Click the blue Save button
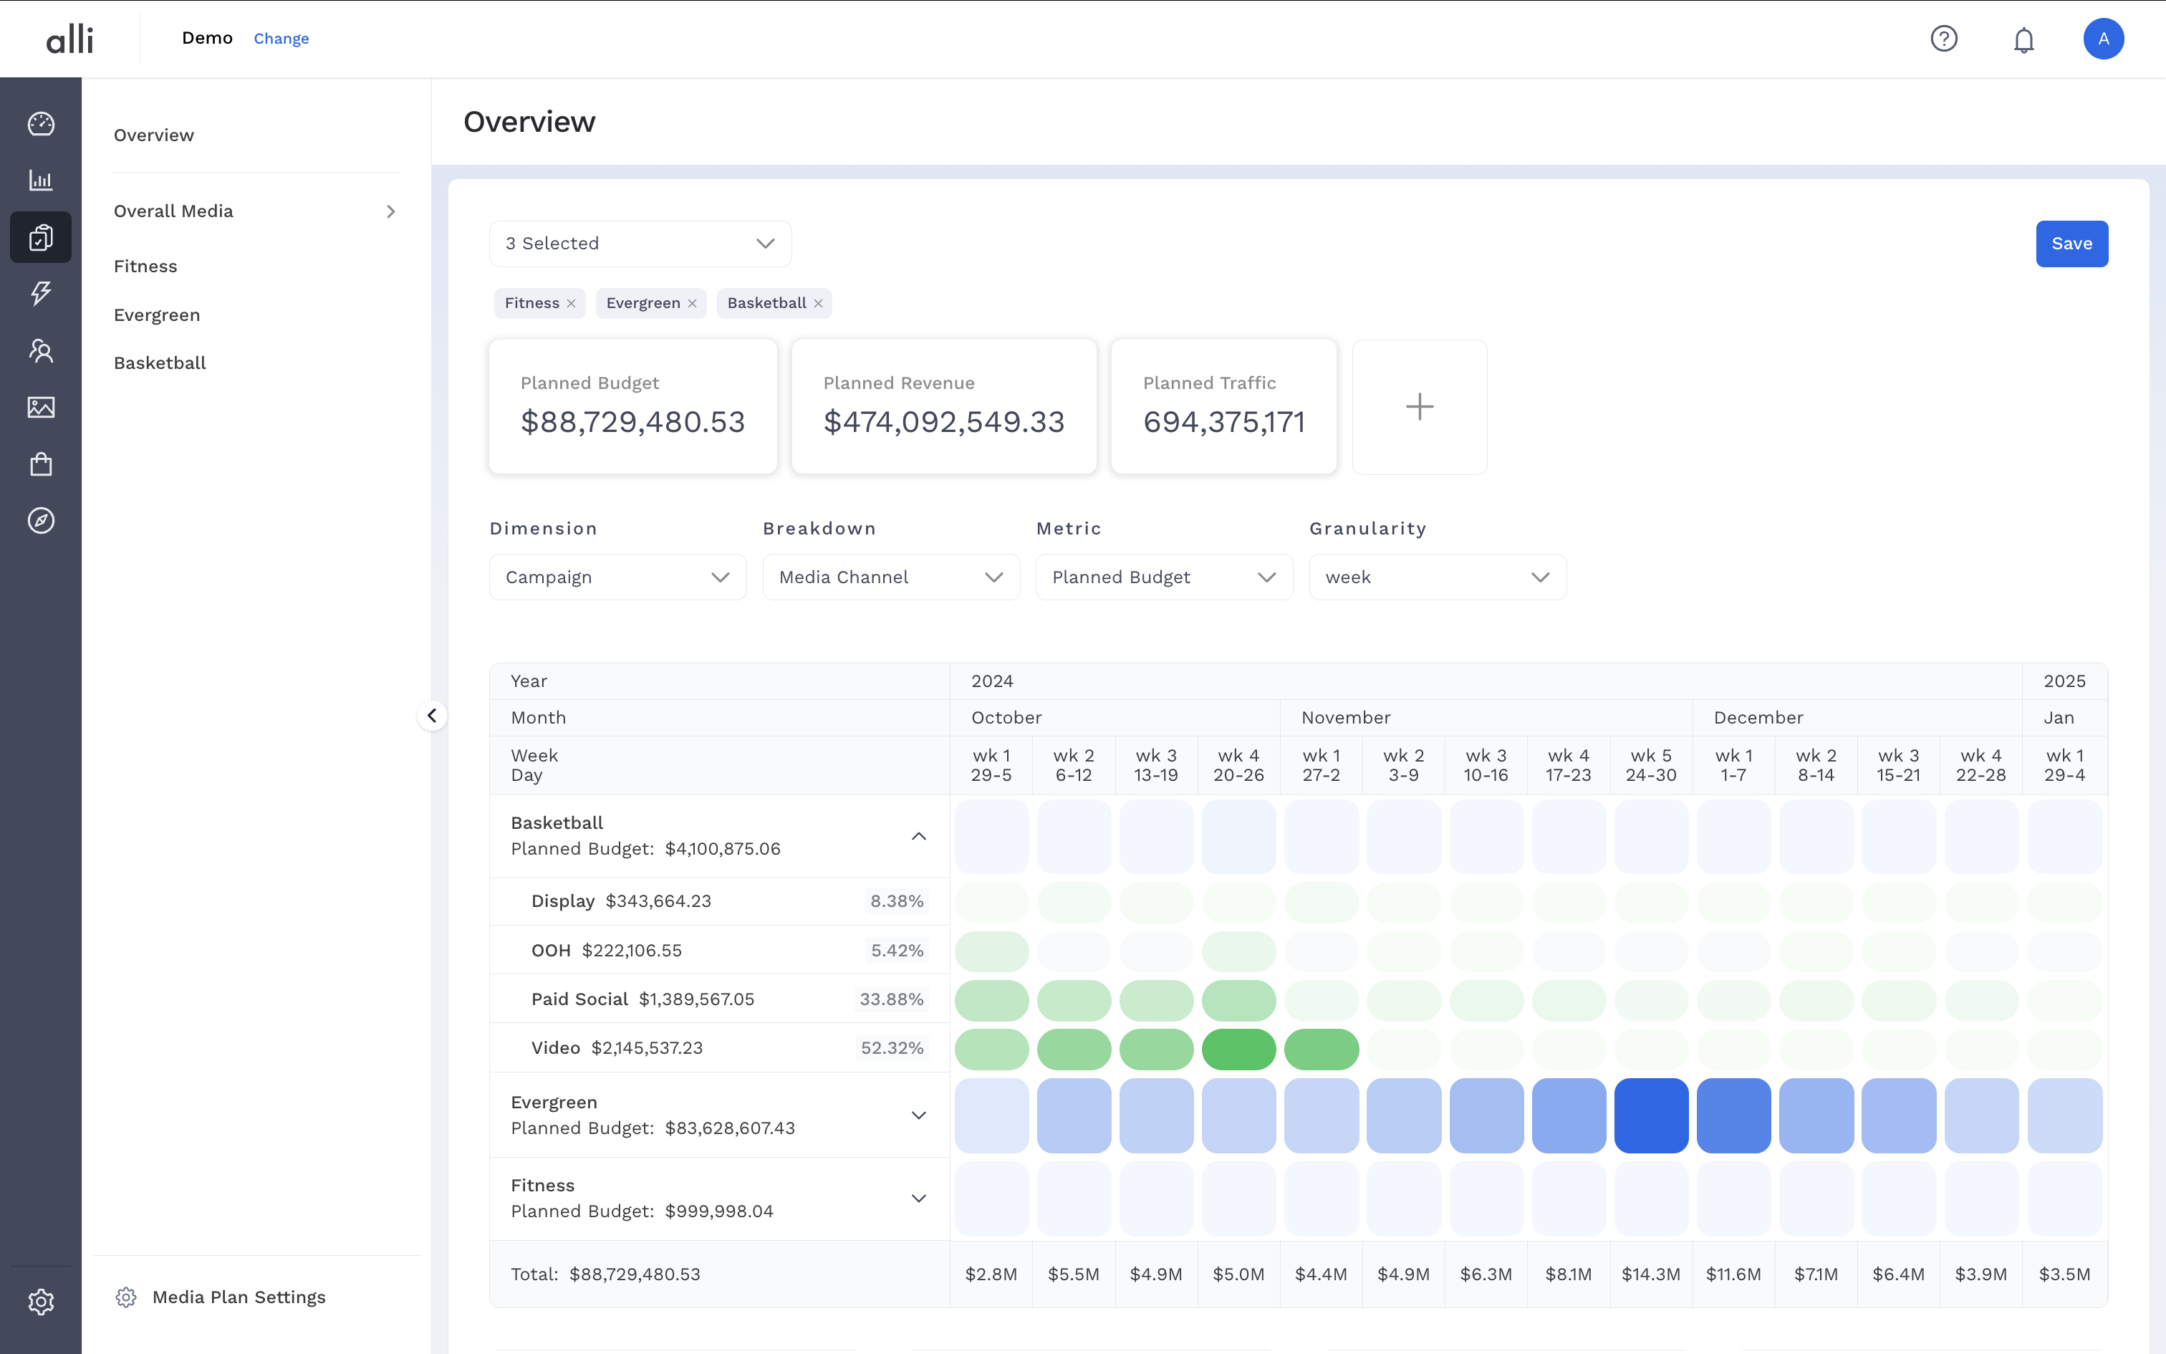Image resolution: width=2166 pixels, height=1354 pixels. [x=2071, y=244]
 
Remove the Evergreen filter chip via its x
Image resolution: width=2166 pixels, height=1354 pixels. [x=692, y=304]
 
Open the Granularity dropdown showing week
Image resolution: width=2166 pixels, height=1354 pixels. [x=1437, y=577]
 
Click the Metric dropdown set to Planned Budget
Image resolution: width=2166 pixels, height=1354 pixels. [x=1163, y=577]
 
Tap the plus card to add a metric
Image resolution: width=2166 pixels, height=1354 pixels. [x=1419, y=407]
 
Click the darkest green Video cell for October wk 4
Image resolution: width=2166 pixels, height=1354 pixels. [x=1238, y=1049]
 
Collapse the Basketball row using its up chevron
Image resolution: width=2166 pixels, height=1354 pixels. [x=918, y=837]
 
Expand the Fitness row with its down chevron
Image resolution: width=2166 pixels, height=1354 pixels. [x=918, y=1198]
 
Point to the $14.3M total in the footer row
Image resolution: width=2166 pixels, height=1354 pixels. [x=1650, y=1274]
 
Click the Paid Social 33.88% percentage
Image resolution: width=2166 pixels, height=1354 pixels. [x=890, y=999]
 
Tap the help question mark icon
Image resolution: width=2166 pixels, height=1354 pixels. [x=1943, y=39]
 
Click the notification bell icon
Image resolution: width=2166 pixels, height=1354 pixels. [x=2023, y=39]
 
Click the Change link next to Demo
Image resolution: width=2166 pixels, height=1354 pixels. [x=281, y=39]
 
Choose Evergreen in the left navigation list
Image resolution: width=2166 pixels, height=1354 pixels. [x=157, y=315]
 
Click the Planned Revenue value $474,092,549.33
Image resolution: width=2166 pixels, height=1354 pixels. [x=943, y=422]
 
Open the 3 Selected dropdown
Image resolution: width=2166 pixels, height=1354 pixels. [x=640, y=244]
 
